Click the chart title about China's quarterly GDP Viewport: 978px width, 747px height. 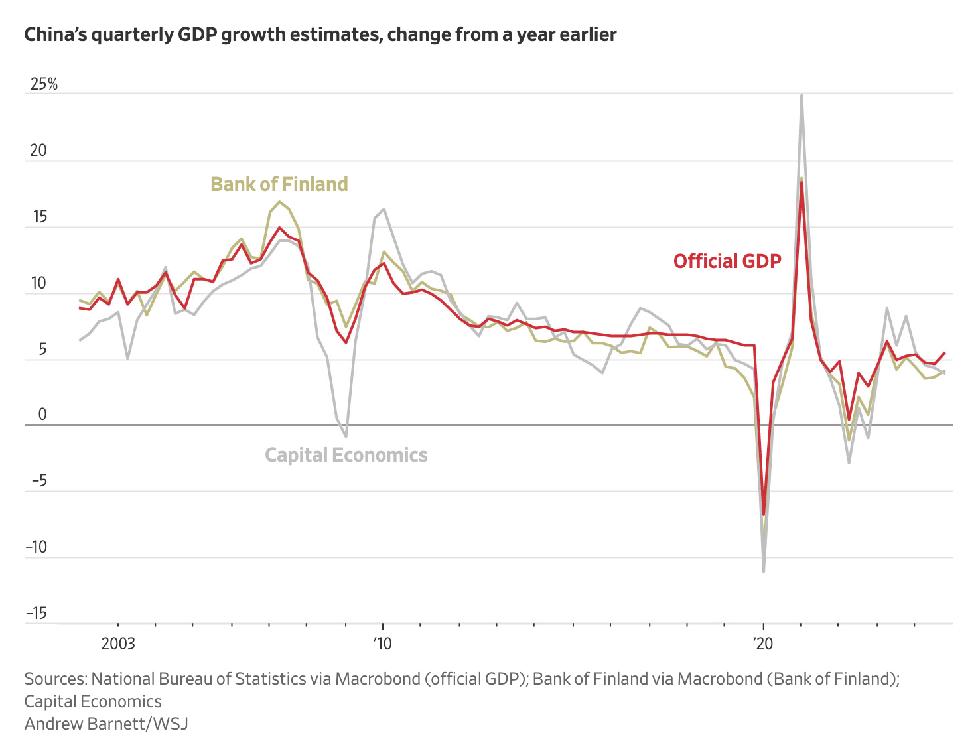320,34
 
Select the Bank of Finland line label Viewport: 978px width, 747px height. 279,184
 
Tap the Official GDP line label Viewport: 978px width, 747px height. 727,261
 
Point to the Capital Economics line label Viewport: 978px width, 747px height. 346,455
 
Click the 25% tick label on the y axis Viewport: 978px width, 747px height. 44,84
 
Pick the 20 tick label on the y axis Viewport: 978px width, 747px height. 38,151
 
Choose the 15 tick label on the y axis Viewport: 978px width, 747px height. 38,217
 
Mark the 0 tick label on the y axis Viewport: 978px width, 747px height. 42,415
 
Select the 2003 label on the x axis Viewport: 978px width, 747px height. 118,644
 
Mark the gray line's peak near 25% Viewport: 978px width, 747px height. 802,96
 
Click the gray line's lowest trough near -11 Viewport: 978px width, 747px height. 764,571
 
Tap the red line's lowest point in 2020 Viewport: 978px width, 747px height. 764,514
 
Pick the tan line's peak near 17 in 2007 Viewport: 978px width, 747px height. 279,202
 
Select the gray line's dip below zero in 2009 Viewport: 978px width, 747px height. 346,437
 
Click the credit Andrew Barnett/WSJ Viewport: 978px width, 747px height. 106,723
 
